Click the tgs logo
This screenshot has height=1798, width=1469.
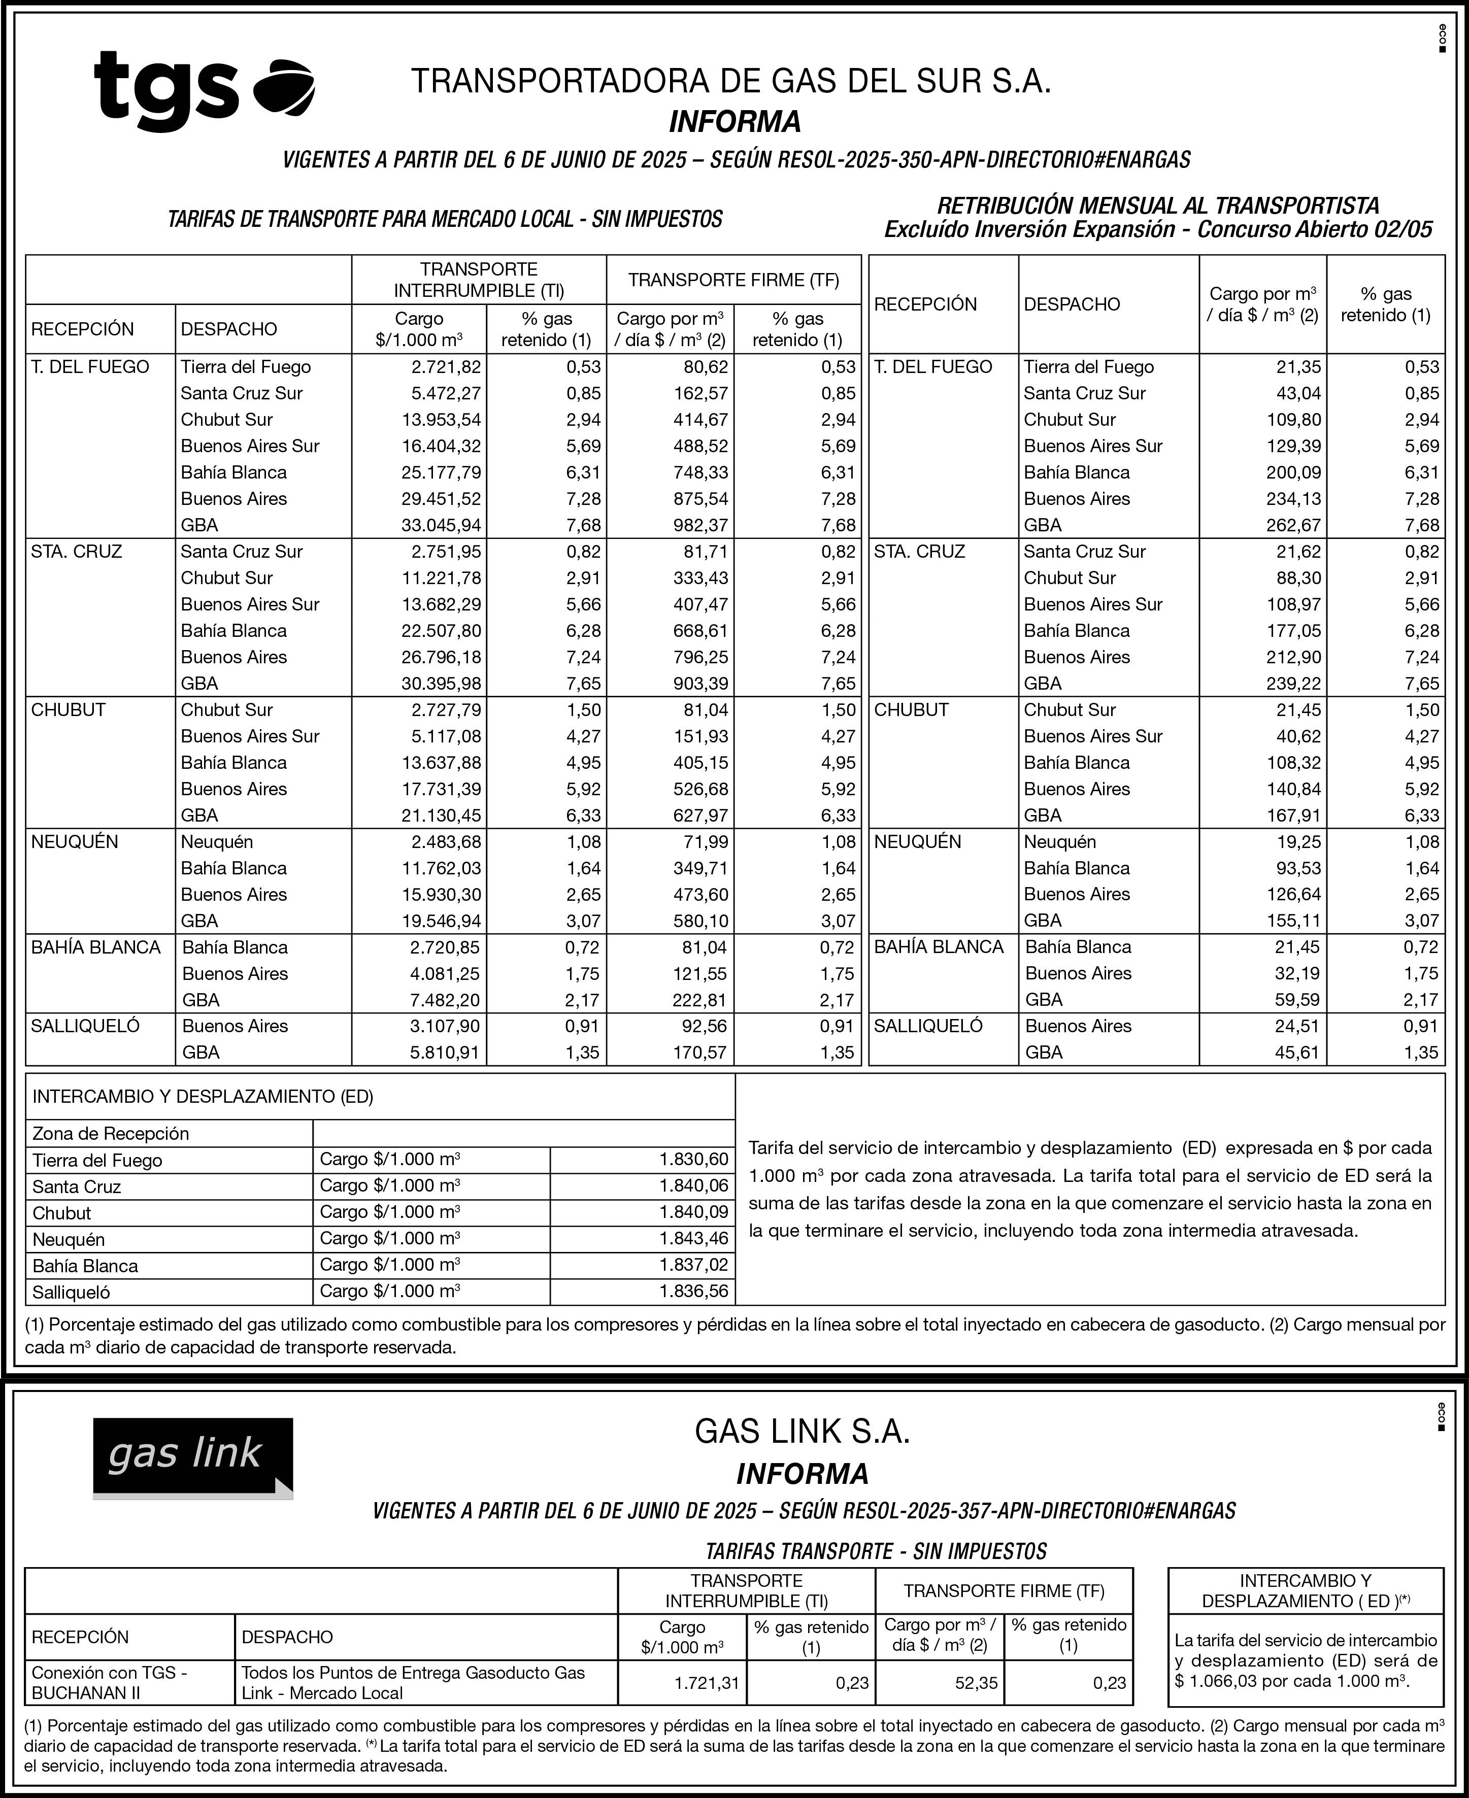[x=203, y=90]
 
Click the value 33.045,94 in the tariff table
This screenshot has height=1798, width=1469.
[x=441, y=525]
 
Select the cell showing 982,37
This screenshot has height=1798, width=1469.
[x=700, y=525]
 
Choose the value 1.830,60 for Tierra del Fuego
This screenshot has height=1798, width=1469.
[x=694, y=1159]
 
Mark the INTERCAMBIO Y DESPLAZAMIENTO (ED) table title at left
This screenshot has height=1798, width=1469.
[x=203, y=1097]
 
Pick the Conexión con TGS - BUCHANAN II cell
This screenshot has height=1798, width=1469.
[x=110, y=1682]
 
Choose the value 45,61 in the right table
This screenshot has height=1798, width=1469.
[x=1297, y=1053]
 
